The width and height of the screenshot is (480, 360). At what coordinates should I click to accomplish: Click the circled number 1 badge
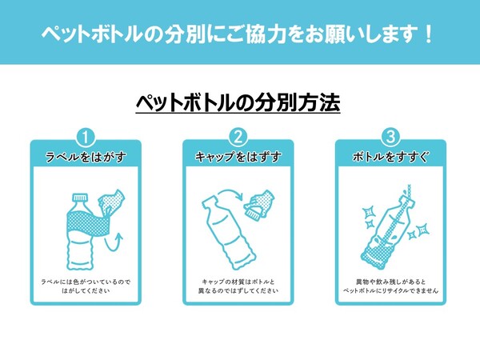pos(86,138)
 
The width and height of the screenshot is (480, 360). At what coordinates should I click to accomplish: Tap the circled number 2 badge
pos(238,138)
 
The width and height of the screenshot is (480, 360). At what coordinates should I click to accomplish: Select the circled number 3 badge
pos(390,138)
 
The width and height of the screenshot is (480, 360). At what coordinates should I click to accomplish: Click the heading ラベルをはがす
pos(86,157)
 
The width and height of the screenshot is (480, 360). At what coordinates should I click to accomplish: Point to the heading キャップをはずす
pos(238,157)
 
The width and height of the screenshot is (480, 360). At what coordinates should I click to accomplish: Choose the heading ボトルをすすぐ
pos(390,157)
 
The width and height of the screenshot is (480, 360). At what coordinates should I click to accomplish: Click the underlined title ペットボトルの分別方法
pos(238,103)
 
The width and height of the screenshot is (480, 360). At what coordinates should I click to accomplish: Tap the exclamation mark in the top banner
pos(428,34)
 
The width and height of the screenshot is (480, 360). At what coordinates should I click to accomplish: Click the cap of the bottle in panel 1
pos(80,198)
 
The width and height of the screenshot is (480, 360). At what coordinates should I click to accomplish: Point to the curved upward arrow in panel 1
pos(114,242)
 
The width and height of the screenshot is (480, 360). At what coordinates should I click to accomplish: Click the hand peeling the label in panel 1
pos(110,202)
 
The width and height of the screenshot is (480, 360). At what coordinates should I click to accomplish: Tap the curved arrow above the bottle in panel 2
pos(230,193)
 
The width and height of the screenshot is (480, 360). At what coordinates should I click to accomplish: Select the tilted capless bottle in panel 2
pos(227,233)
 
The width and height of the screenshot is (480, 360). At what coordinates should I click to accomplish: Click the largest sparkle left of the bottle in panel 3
pos(369,212)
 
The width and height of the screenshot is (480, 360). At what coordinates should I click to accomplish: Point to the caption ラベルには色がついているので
pos(86,282)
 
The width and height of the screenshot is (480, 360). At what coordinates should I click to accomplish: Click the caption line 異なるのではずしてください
pos(238,290)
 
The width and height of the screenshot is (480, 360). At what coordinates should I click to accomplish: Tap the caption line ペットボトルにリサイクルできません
pos(390,290)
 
